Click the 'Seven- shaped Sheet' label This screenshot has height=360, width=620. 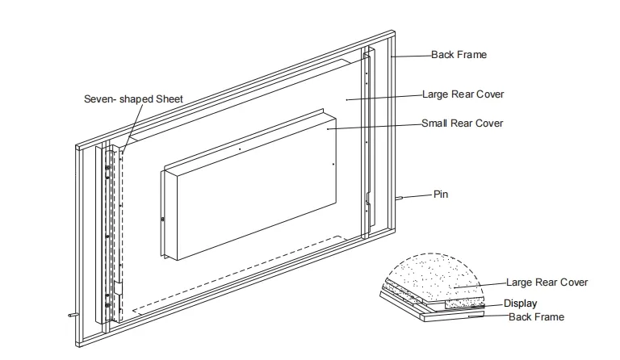point(133,99)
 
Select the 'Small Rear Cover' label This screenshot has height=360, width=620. point(462,123)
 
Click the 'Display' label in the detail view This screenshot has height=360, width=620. point(520,303)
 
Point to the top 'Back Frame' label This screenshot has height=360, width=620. point(458,55)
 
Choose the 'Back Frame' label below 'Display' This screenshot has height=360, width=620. point(536,317)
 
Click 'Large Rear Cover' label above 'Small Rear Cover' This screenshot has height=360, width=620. point(463,94)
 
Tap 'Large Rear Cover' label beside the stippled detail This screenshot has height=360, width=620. point(547,283)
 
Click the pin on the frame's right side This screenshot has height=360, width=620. point(400,198)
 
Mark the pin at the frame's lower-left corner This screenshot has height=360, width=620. point(72,315)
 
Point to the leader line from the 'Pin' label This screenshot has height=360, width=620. point(417,196)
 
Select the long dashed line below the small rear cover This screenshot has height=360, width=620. point(242,274)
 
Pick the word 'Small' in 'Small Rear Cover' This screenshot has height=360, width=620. point(435,123)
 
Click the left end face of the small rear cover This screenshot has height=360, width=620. point(168,216)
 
